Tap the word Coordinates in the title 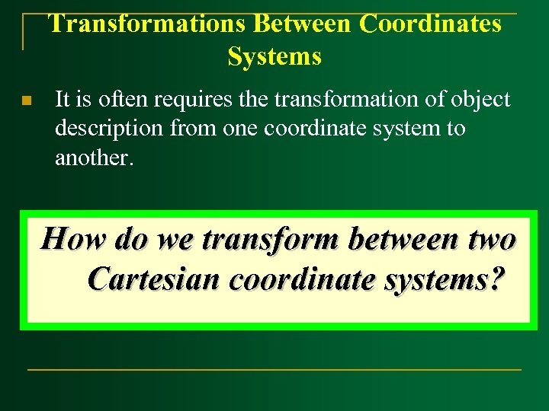tap(431, 24)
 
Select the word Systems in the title tap(274, 56)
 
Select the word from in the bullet tap(193, 128)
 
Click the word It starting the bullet tap(63, 99)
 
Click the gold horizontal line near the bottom tap(274, 370)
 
